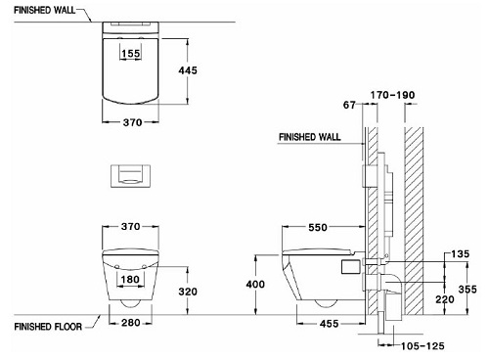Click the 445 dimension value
click(188, 70)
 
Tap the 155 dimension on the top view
click(131, 53)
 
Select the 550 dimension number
click(318, 227)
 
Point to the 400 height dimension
click(255, 285)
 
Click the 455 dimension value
click(330, 324)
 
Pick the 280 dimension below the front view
click(131, 323)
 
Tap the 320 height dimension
click(188, 292)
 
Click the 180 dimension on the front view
click(130, 279)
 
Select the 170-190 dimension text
click(392, 95)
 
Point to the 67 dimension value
click(349, 105)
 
